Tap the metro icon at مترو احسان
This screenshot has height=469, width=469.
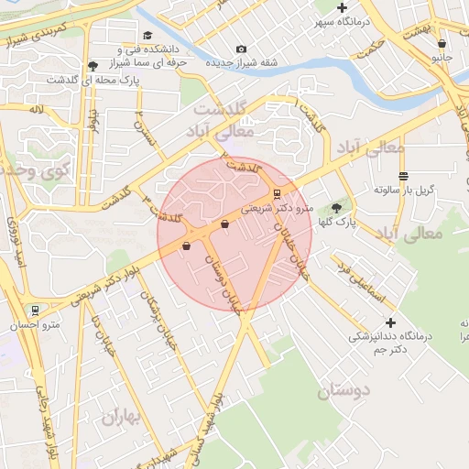(x=35, y=311)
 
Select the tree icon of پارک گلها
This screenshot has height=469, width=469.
(x=336, y=208)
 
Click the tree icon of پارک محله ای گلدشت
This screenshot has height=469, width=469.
(x=93, y=66)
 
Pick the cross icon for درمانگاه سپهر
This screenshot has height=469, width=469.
(x=342, y=8)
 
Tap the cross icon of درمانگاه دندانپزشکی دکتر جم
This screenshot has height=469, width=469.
(x=391, y=322)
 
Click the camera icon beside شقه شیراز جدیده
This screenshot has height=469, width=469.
(x=241, y=49)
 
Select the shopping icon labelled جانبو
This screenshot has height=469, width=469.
(x=442, y=43)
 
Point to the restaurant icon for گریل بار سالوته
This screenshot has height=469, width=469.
(x=403, y=176)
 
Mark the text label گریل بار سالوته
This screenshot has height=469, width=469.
(x=404, y=190)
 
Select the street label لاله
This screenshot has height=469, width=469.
(x=36, y=110)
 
